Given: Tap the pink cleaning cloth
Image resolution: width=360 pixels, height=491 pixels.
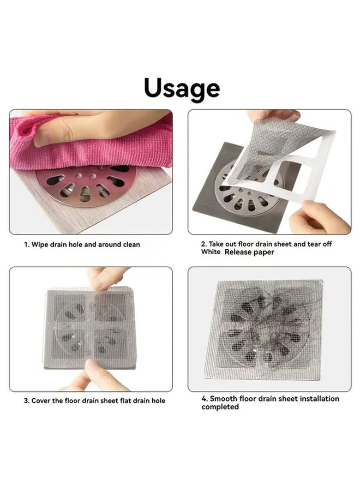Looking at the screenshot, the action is [91, 151].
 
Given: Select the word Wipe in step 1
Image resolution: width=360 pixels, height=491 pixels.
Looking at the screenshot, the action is [39, 244].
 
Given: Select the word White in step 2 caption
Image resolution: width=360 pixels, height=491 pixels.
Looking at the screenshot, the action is [211, 252].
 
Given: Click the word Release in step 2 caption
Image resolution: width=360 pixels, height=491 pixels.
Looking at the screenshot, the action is [238, 252].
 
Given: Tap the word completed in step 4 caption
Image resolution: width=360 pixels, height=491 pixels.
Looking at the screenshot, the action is [220, 407].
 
